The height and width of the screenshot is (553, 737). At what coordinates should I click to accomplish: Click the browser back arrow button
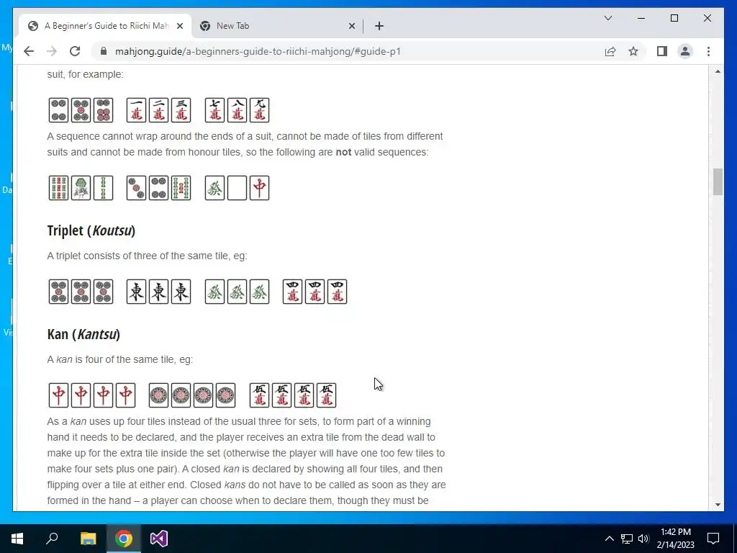[x=29, y=51]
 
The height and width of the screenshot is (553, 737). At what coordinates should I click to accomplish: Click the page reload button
[x=75, y=51]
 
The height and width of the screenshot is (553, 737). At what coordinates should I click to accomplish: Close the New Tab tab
[x=351, y=27]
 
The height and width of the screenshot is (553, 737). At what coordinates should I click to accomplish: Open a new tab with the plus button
[x=379, y=27]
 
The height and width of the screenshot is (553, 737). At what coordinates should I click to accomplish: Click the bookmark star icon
[x=633, y=51]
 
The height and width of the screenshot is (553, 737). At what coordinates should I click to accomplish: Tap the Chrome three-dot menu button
[x=708, y=51]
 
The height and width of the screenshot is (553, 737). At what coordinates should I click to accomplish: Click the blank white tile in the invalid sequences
[x=237, y=188]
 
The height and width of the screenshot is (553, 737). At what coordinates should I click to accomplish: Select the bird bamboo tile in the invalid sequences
[x=81, y=188]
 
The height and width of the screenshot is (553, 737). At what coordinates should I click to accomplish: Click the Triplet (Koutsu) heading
[x=91, y=231]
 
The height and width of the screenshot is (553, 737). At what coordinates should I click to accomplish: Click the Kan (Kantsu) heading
[x=83, y=334]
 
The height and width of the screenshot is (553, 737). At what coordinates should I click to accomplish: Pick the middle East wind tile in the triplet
[x=158, y=292]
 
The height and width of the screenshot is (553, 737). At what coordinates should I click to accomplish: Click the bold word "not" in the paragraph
[x=343, y=152]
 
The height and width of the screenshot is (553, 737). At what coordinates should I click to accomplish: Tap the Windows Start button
[x=17, y=539]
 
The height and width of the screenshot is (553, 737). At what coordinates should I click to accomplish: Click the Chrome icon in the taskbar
[x=124, y=539]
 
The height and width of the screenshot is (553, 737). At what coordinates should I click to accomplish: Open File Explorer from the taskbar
[x=88, y=539]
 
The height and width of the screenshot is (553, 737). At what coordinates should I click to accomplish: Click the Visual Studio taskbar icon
[x=159, y=539]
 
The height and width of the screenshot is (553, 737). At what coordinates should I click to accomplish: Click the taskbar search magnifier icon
[x=52, y=538]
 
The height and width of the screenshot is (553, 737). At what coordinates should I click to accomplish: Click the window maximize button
[x=674, y=18]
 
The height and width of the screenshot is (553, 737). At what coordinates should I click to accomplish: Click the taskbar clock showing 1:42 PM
[x=676, y=539]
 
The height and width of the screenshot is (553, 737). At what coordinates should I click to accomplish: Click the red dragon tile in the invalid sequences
[x=259, y=188]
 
